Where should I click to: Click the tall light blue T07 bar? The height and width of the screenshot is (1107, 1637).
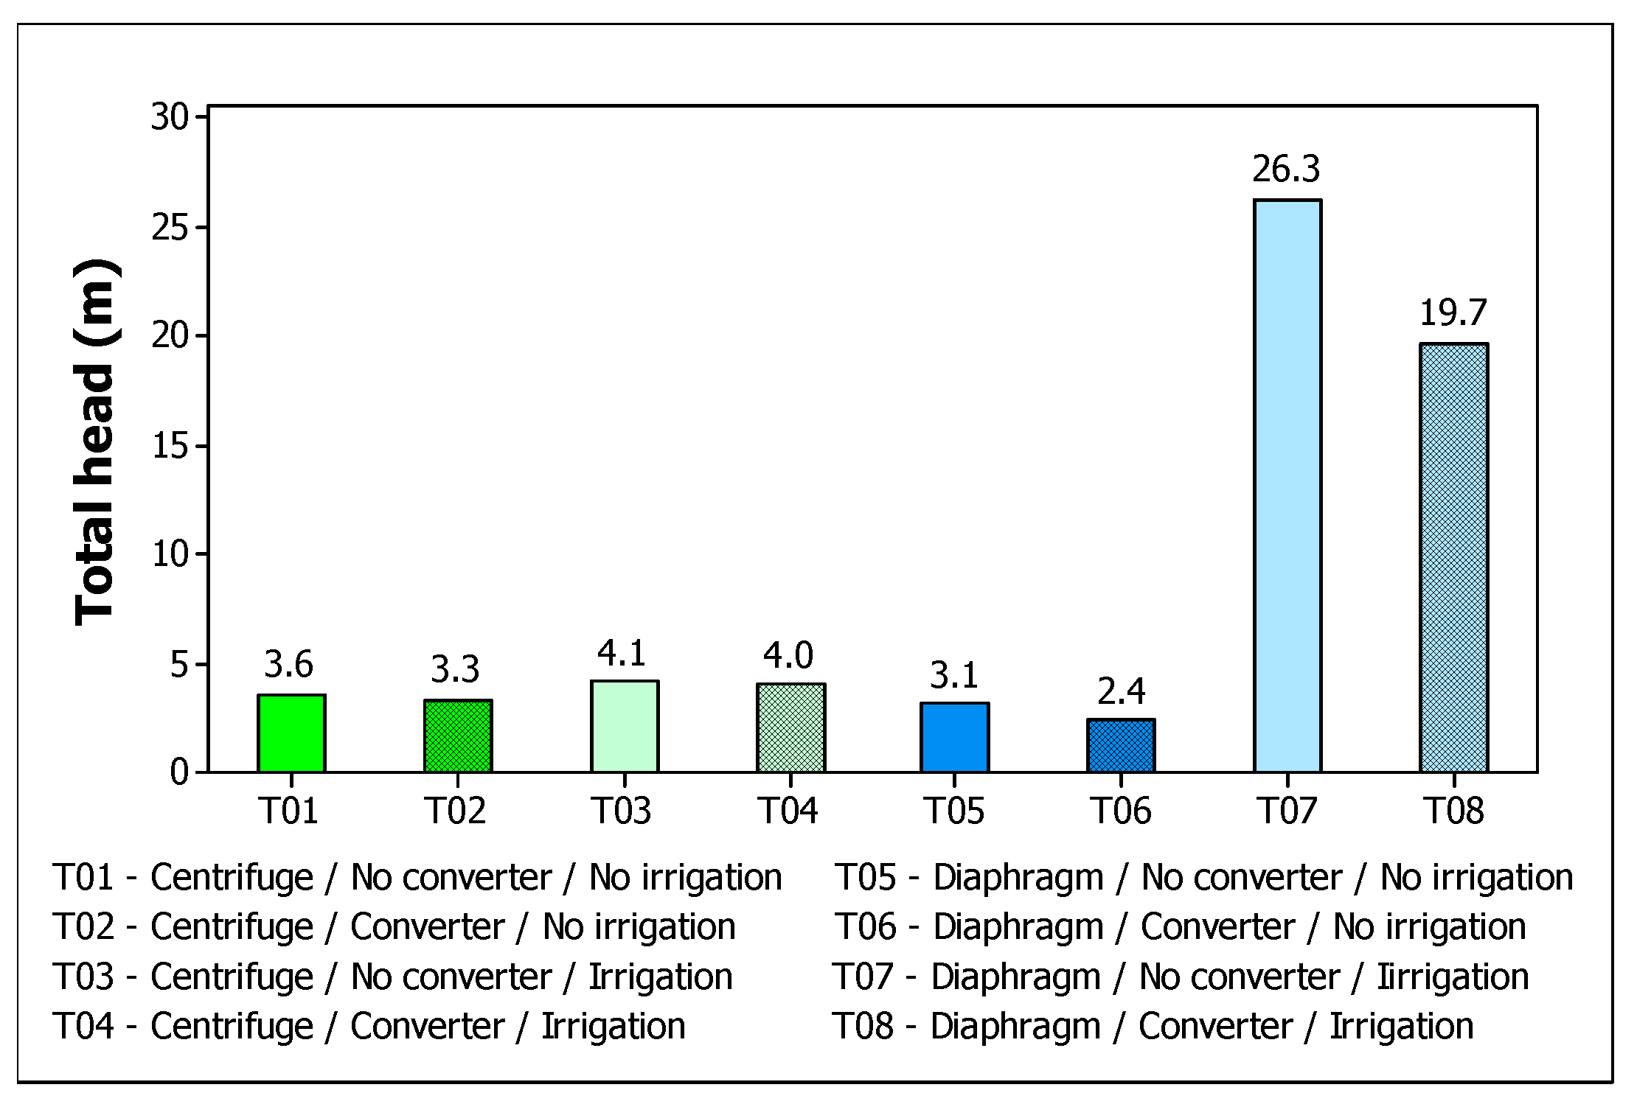1287,486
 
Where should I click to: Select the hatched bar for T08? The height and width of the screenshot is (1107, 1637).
1453,558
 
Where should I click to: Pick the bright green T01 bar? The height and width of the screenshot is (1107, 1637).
291,733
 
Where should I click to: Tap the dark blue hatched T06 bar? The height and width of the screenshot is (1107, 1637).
1120,746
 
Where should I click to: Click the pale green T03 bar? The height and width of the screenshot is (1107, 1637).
624,727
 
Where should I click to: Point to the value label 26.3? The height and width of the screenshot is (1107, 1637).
1286,169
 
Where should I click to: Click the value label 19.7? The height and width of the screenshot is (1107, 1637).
1453,312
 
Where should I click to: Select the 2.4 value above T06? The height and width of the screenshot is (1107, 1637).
1121,691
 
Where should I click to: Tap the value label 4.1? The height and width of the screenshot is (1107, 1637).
622,653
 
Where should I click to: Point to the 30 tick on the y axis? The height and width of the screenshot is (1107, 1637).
170,116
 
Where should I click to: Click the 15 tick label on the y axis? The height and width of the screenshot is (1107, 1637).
170,445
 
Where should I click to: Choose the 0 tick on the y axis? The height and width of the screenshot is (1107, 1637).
179,772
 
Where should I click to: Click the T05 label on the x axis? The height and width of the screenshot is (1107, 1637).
954,811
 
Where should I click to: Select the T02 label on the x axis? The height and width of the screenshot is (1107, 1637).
456,811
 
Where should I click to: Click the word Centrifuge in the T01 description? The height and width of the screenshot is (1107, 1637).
232,877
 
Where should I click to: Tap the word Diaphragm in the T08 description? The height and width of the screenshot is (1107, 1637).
1015,1026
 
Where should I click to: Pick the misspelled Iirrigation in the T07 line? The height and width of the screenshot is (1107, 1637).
1453,977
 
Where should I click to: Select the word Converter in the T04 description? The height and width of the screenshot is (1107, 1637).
427,1026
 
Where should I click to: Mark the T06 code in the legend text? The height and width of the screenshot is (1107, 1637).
865,926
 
